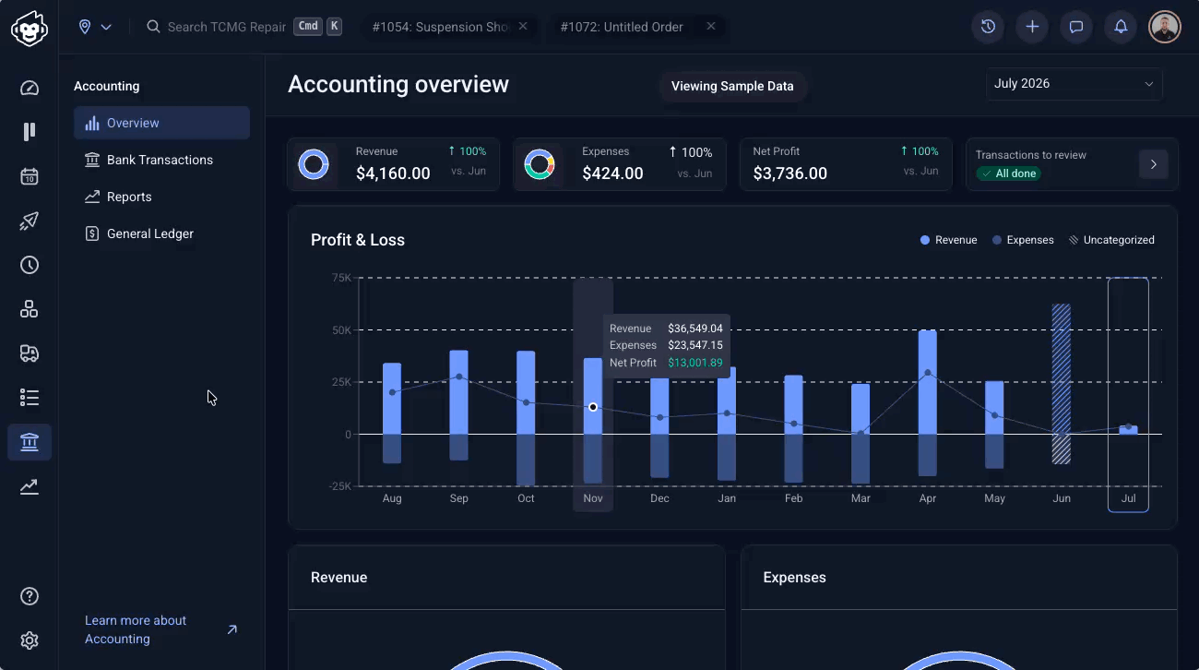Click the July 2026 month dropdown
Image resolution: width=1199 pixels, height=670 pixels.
pos(1074,84)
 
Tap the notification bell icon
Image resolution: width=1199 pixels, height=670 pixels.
pos(1121,27)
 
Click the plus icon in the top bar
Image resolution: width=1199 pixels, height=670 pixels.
pos(1032,27)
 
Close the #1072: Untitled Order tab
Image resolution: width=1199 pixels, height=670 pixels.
pos(711,26)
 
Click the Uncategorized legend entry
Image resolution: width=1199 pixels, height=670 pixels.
pos(1111,240)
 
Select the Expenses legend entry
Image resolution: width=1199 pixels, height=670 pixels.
pos(1023,240)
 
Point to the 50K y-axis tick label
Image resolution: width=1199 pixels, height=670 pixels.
pos(341,329)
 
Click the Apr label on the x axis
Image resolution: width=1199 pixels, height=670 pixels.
pos(928,498)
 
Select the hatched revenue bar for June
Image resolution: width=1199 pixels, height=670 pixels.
pos(1062,369)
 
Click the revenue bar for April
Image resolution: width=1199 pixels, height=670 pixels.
pos(928,382)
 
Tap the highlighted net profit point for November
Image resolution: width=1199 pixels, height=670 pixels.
pos(593,407)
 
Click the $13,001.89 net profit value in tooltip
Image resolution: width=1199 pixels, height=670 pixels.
pos(695,363)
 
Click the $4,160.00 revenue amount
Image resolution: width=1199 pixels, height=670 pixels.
pos(393,173)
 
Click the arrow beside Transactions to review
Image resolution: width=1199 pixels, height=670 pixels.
pos(1154,164)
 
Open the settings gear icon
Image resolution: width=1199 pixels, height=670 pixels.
pos(30,640)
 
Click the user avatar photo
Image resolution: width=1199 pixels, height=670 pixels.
pos(1165,27)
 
